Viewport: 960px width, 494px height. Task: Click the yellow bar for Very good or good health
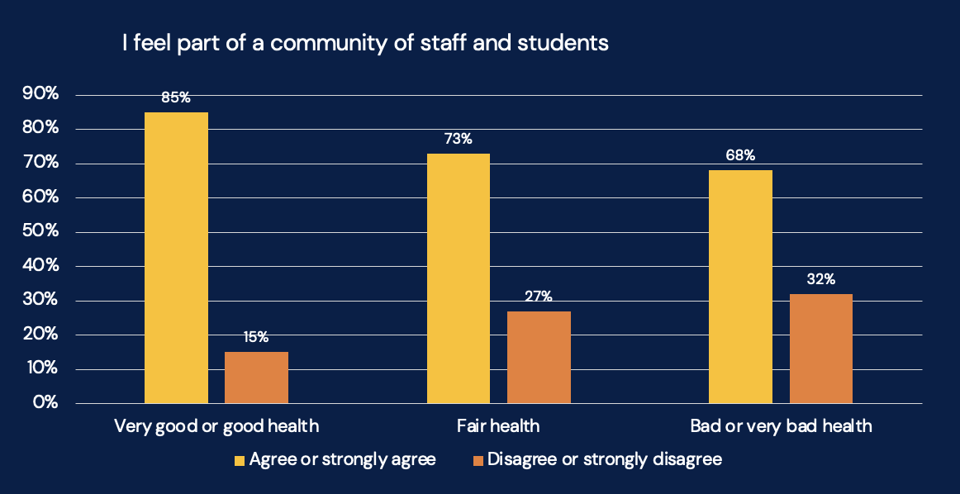[176, 258]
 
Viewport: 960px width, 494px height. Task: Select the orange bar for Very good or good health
[256, 378]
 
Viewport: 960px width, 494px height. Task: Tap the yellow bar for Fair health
[458, 278]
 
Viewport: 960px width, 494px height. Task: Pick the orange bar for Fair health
[539, 357]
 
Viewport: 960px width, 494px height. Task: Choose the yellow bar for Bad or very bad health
[740, 287]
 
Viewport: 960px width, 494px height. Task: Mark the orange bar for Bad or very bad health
[820, 349]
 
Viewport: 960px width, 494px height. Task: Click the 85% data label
[176, 97]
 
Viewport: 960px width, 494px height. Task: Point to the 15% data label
[256, 337]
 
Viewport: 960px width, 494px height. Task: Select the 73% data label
[458, 139]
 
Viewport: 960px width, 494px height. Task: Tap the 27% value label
[539, 296]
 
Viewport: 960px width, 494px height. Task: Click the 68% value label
[740, 155]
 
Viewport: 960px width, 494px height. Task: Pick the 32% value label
[820, 279]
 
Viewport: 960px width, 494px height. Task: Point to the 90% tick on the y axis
[41, 94]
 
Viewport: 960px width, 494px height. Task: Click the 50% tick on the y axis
[41, 231]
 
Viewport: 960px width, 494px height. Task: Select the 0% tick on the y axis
[46, 403]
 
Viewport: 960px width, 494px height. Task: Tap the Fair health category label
[498, 426]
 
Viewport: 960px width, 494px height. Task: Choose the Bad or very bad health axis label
[781, 426]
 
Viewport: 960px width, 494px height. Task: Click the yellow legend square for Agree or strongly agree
[240, 460]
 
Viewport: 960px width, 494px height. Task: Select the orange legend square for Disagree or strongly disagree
[478, 460]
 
